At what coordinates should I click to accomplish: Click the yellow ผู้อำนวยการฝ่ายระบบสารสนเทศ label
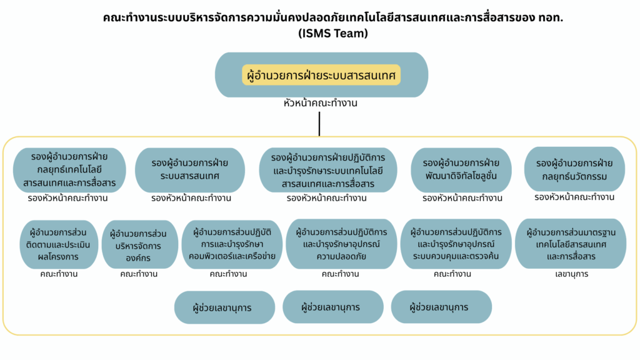[x=321, y=75]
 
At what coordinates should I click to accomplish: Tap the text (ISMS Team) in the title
[x=333, y=33]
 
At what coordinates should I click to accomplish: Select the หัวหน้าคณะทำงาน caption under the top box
[x=321, y=103]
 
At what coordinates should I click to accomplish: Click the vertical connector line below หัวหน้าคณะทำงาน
[x=319, y=124]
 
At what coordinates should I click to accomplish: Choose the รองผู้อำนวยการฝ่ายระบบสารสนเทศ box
[x=190, y=170]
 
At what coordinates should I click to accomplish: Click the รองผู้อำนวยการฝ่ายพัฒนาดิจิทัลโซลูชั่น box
[x=461, y=170]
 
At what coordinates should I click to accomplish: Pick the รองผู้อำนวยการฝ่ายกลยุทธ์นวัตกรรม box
[x=574, y=169]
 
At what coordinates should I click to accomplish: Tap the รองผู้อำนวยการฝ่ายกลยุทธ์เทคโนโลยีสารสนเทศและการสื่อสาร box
[x=69, y=170]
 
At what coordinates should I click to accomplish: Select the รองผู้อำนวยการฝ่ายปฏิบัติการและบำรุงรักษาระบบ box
[x=328, y=170]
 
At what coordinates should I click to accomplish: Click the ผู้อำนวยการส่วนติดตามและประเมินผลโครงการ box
[x=59, y=244]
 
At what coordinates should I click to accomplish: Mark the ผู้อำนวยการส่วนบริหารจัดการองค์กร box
[x=139, y=244]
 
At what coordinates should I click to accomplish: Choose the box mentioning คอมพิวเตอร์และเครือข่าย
[x=232, y=244]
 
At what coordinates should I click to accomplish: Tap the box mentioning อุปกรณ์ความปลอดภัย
[x=341, y=244]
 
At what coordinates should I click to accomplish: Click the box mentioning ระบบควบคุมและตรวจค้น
[x=456, y=244]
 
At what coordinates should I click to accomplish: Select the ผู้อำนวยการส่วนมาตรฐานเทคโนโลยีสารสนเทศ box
[x=571, y=244]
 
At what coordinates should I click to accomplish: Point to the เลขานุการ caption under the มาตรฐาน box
[x=571, y=274]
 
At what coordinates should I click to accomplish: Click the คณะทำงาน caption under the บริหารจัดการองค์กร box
[x=139, y=274]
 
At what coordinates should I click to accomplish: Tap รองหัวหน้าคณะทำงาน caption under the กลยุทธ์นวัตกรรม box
[x=574, y=197]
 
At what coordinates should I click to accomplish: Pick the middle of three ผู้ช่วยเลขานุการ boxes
[x=333, y=307]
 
